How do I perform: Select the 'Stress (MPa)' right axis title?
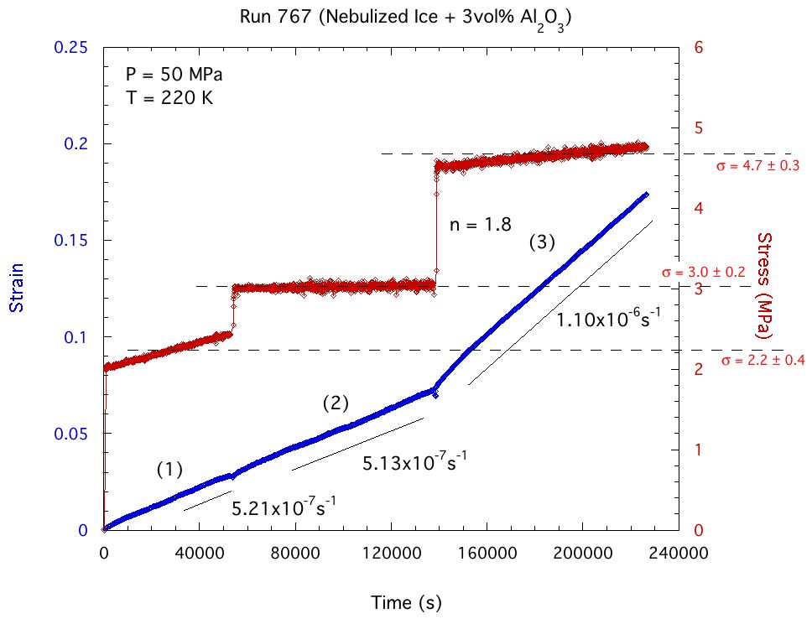point(765,285)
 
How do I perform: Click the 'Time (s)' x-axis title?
point(406,602)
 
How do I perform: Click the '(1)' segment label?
point(169,470)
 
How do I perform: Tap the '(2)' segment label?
point(336,403)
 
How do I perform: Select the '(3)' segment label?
point(542,242)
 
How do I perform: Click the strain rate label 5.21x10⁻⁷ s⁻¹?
point(284,507)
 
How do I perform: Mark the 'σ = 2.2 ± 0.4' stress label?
point(763,361)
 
